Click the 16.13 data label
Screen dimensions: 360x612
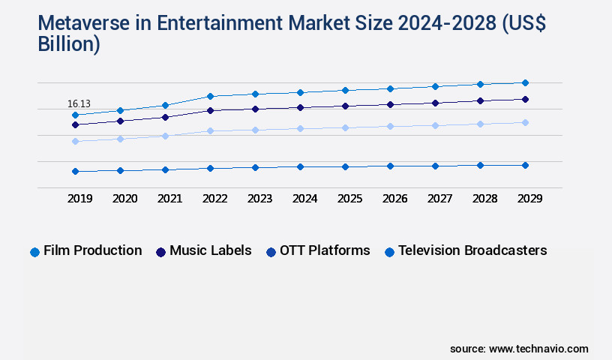click(79, 103)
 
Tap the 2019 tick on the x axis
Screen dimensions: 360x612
click(79, 199)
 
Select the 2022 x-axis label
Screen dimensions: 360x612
click(214, 199)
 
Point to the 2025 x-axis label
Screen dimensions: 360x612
click(349, 199)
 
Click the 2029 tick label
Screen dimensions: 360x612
click(529, 199)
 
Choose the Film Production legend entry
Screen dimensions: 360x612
click(85, 251)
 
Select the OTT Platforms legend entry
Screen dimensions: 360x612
click(318, 251)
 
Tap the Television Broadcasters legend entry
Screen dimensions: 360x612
click(465, 251)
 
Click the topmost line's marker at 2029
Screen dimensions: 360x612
click(525, 82)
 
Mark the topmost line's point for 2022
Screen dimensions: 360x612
click(210, 96)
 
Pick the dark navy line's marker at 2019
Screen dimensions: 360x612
click(75, 124)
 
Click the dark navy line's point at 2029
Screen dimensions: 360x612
click(525, 99)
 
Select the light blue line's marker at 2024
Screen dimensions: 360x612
click(300, 128)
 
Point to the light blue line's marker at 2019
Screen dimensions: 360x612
click(75, 141)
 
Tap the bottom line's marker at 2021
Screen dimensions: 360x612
click(165, 169)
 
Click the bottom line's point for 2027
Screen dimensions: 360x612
click(435, 166)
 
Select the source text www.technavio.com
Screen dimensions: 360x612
click(538, 349)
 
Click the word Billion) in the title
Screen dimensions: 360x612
click(69, 43)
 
